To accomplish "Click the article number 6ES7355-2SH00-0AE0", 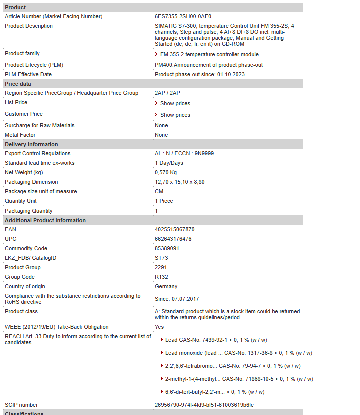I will [183, 16].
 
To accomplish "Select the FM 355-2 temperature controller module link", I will [209, 54].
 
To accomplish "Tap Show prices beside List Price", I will [175, 103].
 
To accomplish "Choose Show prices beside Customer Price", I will [175, 115].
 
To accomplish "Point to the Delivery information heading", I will [31, 144].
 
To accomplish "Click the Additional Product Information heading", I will [45, 220].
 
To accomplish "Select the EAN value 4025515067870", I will [174, 229].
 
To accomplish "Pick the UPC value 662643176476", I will [173, 239].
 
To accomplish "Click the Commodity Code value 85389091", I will [167, 248].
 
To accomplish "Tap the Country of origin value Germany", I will [166, 286].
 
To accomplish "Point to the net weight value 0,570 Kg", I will [166, 172].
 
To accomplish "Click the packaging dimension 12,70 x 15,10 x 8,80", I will [179, 182].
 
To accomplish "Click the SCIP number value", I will [204, 405].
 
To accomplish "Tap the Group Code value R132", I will [162, 277].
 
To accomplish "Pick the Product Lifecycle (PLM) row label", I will [34, 65].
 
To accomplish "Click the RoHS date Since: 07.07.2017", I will [177, 299].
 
